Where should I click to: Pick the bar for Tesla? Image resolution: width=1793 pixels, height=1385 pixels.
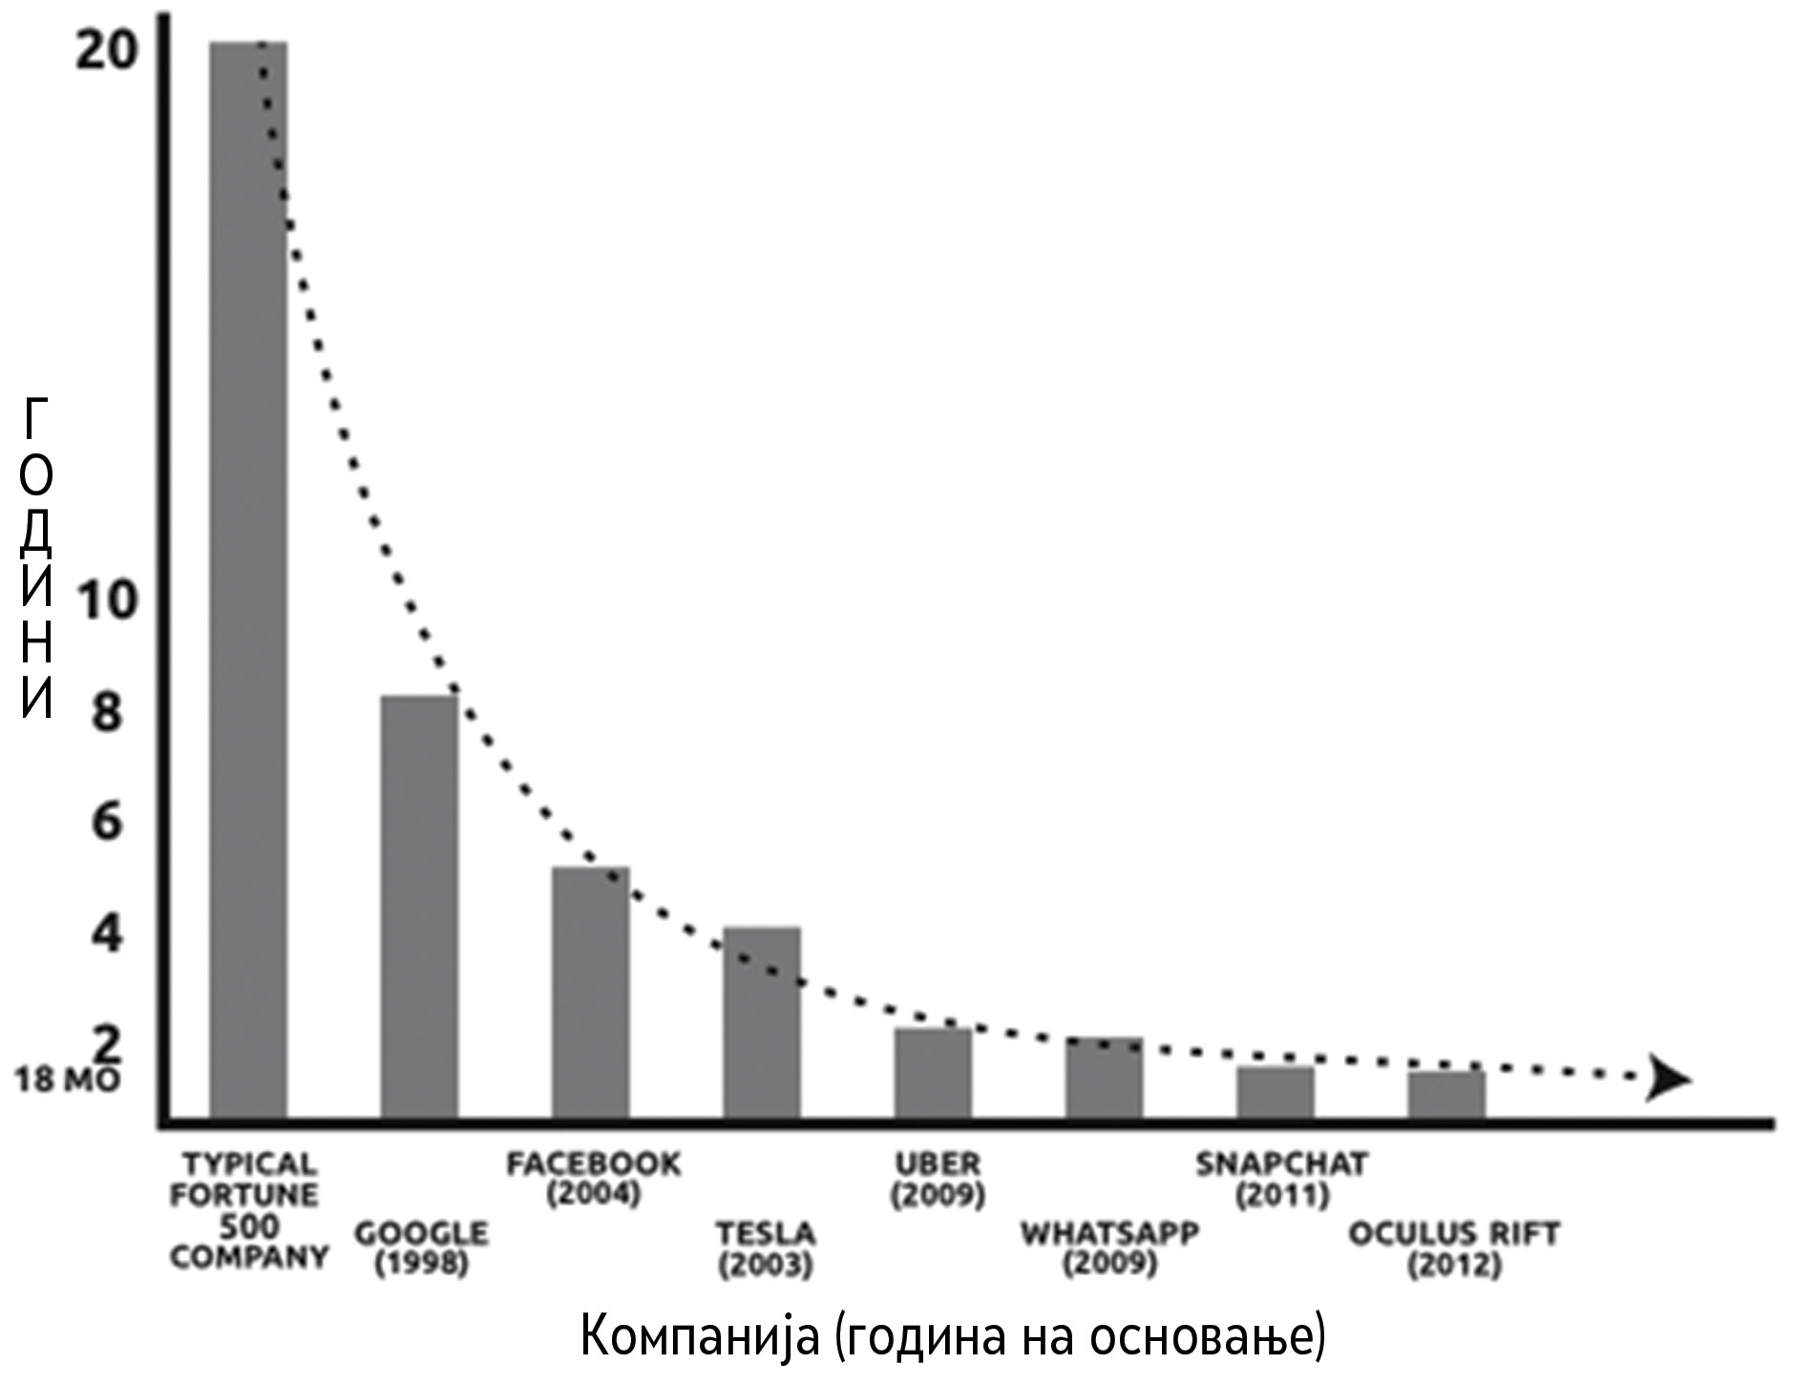761,1021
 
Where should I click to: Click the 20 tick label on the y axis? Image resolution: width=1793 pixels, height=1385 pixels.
106,52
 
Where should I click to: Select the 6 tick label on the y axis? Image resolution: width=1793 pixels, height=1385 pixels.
107,821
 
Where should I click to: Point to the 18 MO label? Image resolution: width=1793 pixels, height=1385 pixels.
66,1081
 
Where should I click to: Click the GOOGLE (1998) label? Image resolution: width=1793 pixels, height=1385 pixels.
421,1248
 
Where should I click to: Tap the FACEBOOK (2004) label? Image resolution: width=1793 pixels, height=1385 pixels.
593,1179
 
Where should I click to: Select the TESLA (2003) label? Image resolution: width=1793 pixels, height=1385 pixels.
766,1248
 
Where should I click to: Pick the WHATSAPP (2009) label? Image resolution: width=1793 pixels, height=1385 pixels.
1108,1248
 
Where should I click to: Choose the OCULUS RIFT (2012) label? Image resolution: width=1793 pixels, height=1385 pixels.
1452,1248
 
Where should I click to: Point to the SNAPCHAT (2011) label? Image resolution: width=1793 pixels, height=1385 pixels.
1280,1179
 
